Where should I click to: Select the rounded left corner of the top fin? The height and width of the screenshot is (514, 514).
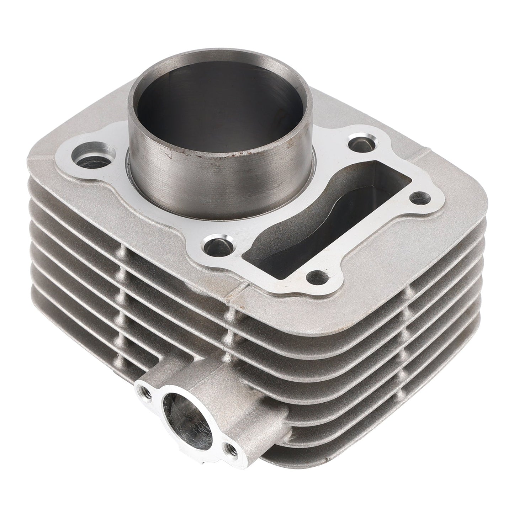coord(36,167)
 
